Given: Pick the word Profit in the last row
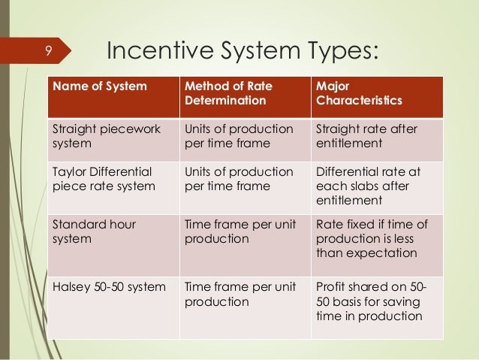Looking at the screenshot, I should [332, 286].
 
